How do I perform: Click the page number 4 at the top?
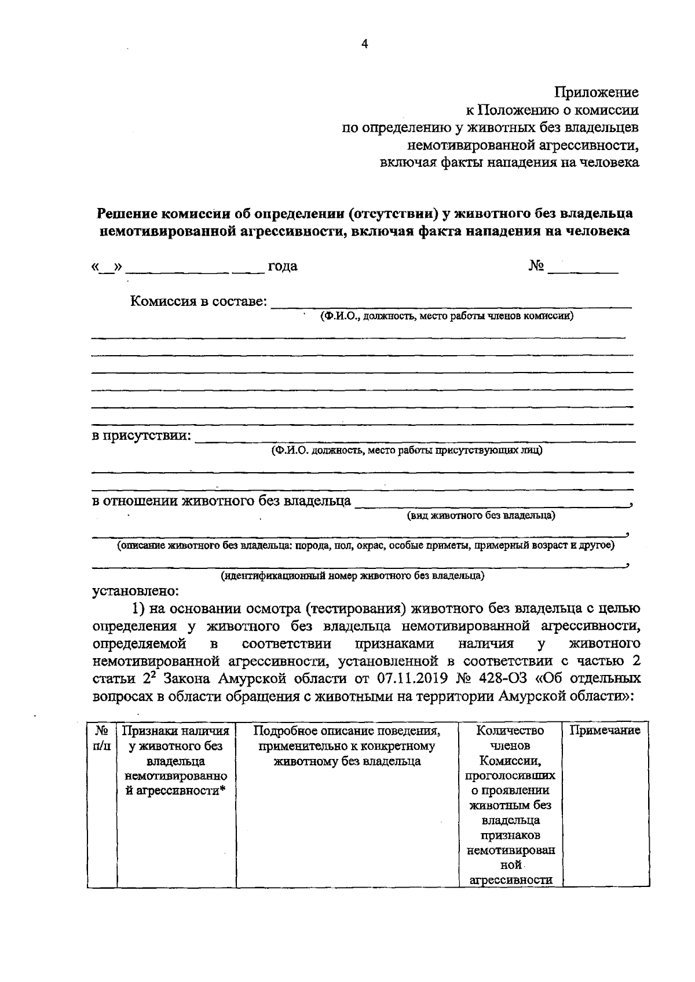364,44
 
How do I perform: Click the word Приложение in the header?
597,92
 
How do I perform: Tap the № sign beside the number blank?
536,266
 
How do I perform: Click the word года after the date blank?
282,267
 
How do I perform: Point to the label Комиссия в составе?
199,302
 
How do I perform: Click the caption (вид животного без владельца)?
481,515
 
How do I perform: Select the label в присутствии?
142,436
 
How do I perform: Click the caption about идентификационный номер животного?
352,576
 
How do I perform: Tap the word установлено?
137,592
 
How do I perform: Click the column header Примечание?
605,731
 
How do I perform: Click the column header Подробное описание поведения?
347,731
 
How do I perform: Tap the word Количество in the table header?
510,731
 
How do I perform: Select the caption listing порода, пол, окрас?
365,546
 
